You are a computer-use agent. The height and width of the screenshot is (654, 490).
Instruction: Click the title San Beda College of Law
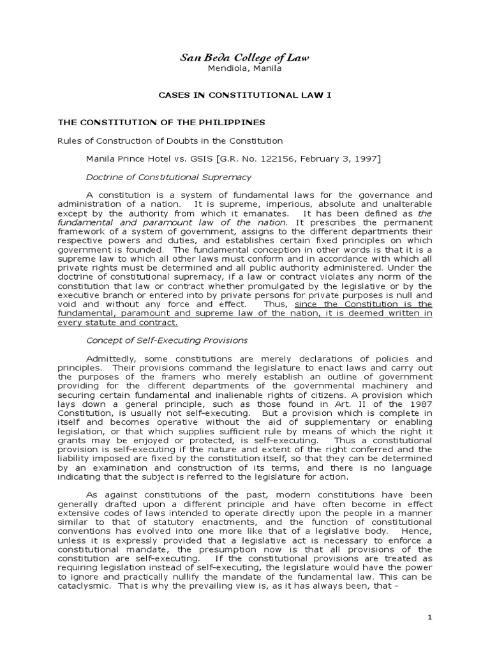[x=245, y=57]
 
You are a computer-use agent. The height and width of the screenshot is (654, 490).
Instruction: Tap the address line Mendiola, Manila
[x=245, y=69]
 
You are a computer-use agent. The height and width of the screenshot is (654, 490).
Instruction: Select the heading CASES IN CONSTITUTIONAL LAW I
[x=245, y=94]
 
